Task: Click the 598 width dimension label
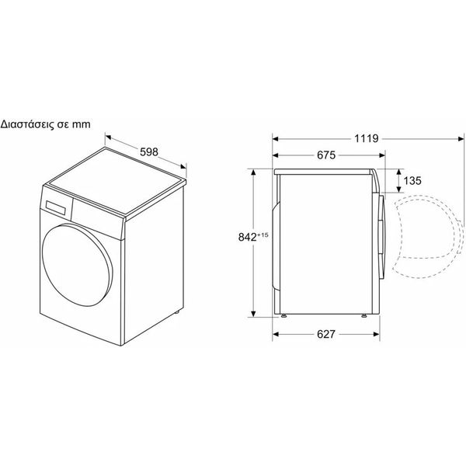pos(149,152)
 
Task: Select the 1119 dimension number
pos(367,138)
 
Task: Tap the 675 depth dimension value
pos(326,155)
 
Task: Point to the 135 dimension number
pos(412,181)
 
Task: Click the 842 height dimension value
pos(247,237)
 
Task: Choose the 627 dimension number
pos(326,334)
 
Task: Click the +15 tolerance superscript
pos(263,235)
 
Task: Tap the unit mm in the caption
pos(82,125)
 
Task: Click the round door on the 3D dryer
pos(77,266)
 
